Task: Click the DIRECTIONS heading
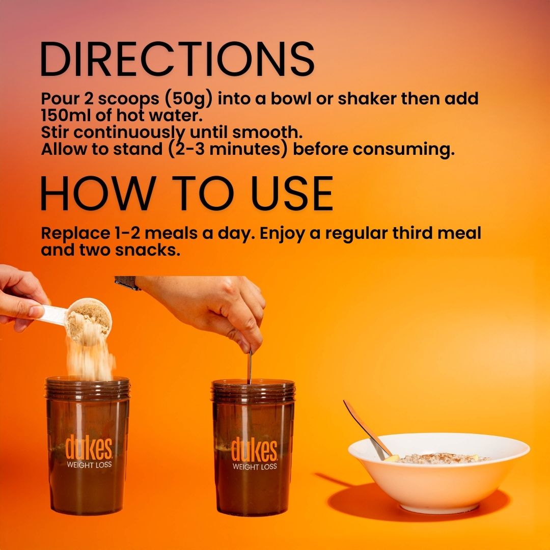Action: [178, 59]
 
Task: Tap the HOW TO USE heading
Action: [186, 194]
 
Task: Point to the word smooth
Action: [267, 132]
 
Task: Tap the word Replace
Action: [75, 234]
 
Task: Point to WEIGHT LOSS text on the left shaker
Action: [89, 465]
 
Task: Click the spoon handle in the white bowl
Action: [367, 429]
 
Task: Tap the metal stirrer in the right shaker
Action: [250, 367]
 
